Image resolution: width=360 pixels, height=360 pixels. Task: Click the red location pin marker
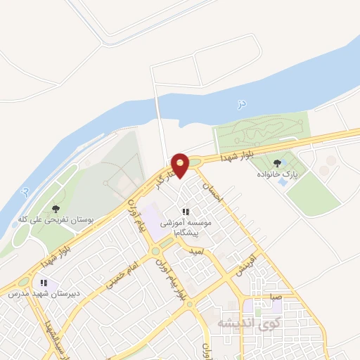tap(180, 164)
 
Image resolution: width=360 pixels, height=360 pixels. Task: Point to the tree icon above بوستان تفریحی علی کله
tap(56, 208)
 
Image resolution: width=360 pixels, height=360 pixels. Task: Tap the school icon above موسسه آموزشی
tap(186, 212)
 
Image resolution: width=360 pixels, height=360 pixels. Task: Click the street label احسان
tap(211, 193)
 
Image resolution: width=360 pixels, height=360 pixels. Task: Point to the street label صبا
tap(274, 297)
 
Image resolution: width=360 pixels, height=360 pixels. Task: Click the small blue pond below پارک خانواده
tap(283, 182)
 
